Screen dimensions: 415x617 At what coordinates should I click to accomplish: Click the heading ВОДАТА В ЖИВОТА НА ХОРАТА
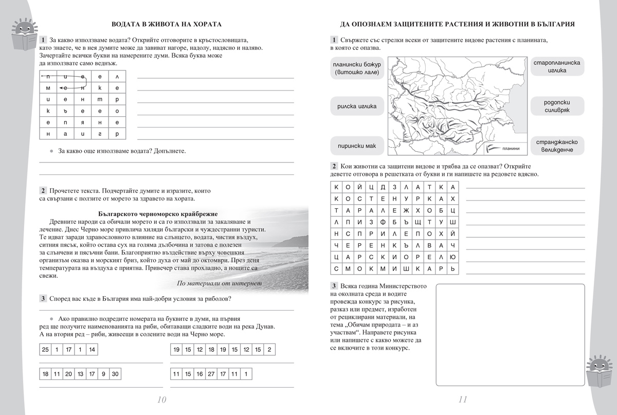[167, 24]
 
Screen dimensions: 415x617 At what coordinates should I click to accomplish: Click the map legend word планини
[513, 149]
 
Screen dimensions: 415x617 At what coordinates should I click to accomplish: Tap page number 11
[462, 400]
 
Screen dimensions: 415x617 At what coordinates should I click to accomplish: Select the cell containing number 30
[115, 374]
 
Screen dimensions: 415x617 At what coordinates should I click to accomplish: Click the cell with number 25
[45, 350]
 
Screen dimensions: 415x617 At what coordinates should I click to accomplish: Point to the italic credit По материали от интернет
[219, 283]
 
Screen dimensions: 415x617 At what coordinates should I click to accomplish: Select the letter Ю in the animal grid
[452, 256]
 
